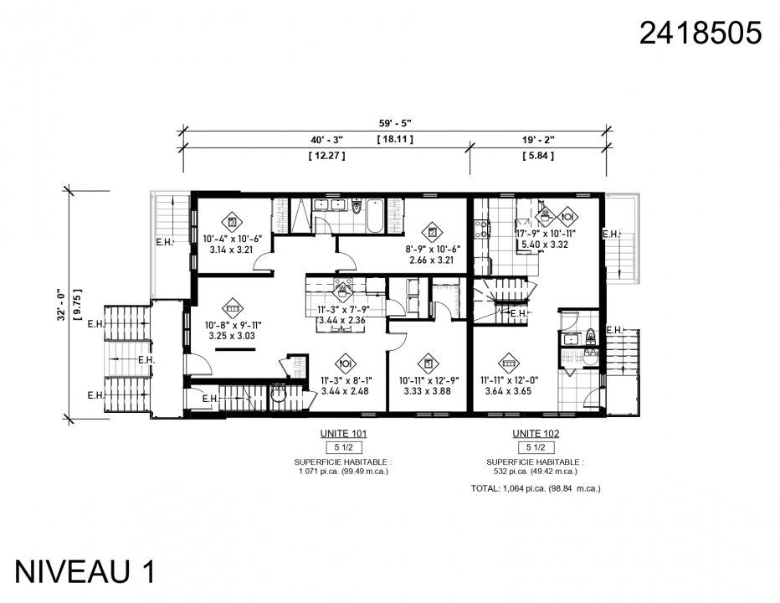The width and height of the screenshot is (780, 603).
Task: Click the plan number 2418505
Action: (700, 33)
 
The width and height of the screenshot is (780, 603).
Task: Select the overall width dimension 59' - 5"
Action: (395, 121)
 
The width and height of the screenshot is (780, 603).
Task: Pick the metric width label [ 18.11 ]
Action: (395, 138)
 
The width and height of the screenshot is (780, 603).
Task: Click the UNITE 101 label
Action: (345, 434)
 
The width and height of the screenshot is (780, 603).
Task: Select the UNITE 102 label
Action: (536, 434)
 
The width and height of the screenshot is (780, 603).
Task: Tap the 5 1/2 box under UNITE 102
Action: (536, 448)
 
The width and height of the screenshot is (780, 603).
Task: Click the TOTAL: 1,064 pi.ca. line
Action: (536, 487)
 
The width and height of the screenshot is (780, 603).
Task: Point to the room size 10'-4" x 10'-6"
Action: (232, 239)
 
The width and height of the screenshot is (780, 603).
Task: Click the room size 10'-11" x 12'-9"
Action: (427, 379)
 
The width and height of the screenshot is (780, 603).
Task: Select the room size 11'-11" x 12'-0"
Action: (508, 379)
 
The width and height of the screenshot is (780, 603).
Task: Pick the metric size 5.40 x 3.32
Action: (546, 245)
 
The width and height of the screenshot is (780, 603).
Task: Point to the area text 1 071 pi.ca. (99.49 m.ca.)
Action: (343, 472)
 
